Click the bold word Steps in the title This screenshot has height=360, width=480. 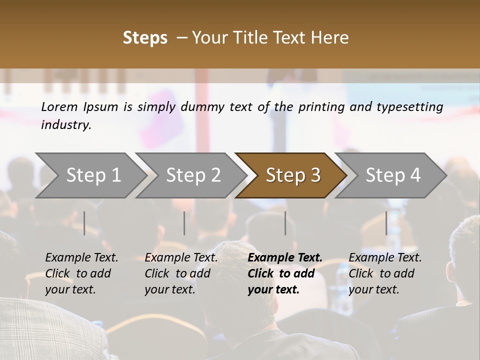point(145,38)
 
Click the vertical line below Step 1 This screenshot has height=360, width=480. point(84,223)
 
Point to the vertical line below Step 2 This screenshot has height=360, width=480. point(184,223)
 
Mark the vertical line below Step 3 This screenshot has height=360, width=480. point(285,223)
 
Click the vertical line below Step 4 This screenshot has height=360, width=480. point(386,223)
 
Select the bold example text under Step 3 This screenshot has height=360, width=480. point(284,273)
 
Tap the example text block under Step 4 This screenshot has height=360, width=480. point(385,273)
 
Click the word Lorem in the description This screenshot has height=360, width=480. point(59,107)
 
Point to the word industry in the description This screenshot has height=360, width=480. point(66,125)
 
